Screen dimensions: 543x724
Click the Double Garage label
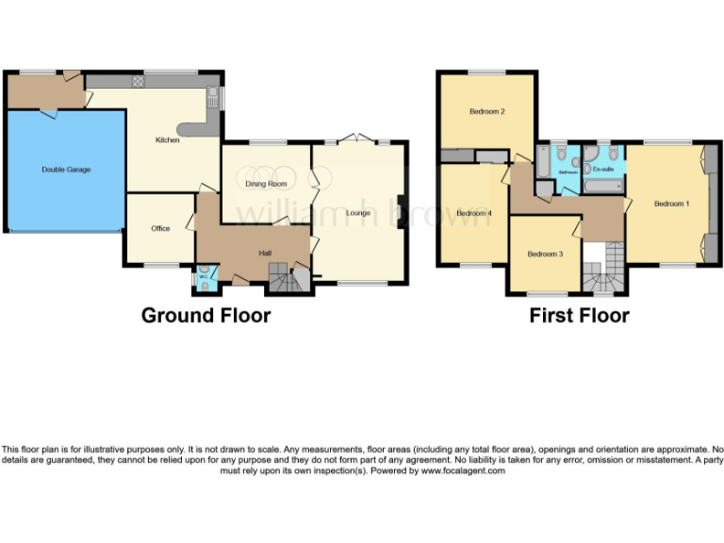(x=66, y=170)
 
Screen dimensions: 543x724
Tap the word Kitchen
(x=168, y=140)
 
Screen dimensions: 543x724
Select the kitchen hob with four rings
(x=139, y=82)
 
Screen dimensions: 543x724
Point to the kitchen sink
(x=213, y=95)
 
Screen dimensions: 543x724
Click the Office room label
(x=160, y=228)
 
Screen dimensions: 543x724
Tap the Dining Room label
(x=266, y=184)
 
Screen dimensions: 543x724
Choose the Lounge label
(x=358, y=212)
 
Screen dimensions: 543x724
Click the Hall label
(x=266, y=252)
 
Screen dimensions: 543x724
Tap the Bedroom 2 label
(x=487, y=111)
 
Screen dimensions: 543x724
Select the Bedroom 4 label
(x=474, y=213)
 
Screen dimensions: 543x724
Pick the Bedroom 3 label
(x=545, y=254)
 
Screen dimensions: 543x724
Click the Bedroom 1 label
(x=672, y=204)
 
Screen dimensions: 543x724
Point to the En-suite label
(x=601, y=169)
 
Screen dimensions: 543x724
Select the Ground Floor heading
(x=206, y=315)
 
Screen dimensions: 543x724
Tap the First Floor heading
(x=579, y=315)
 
